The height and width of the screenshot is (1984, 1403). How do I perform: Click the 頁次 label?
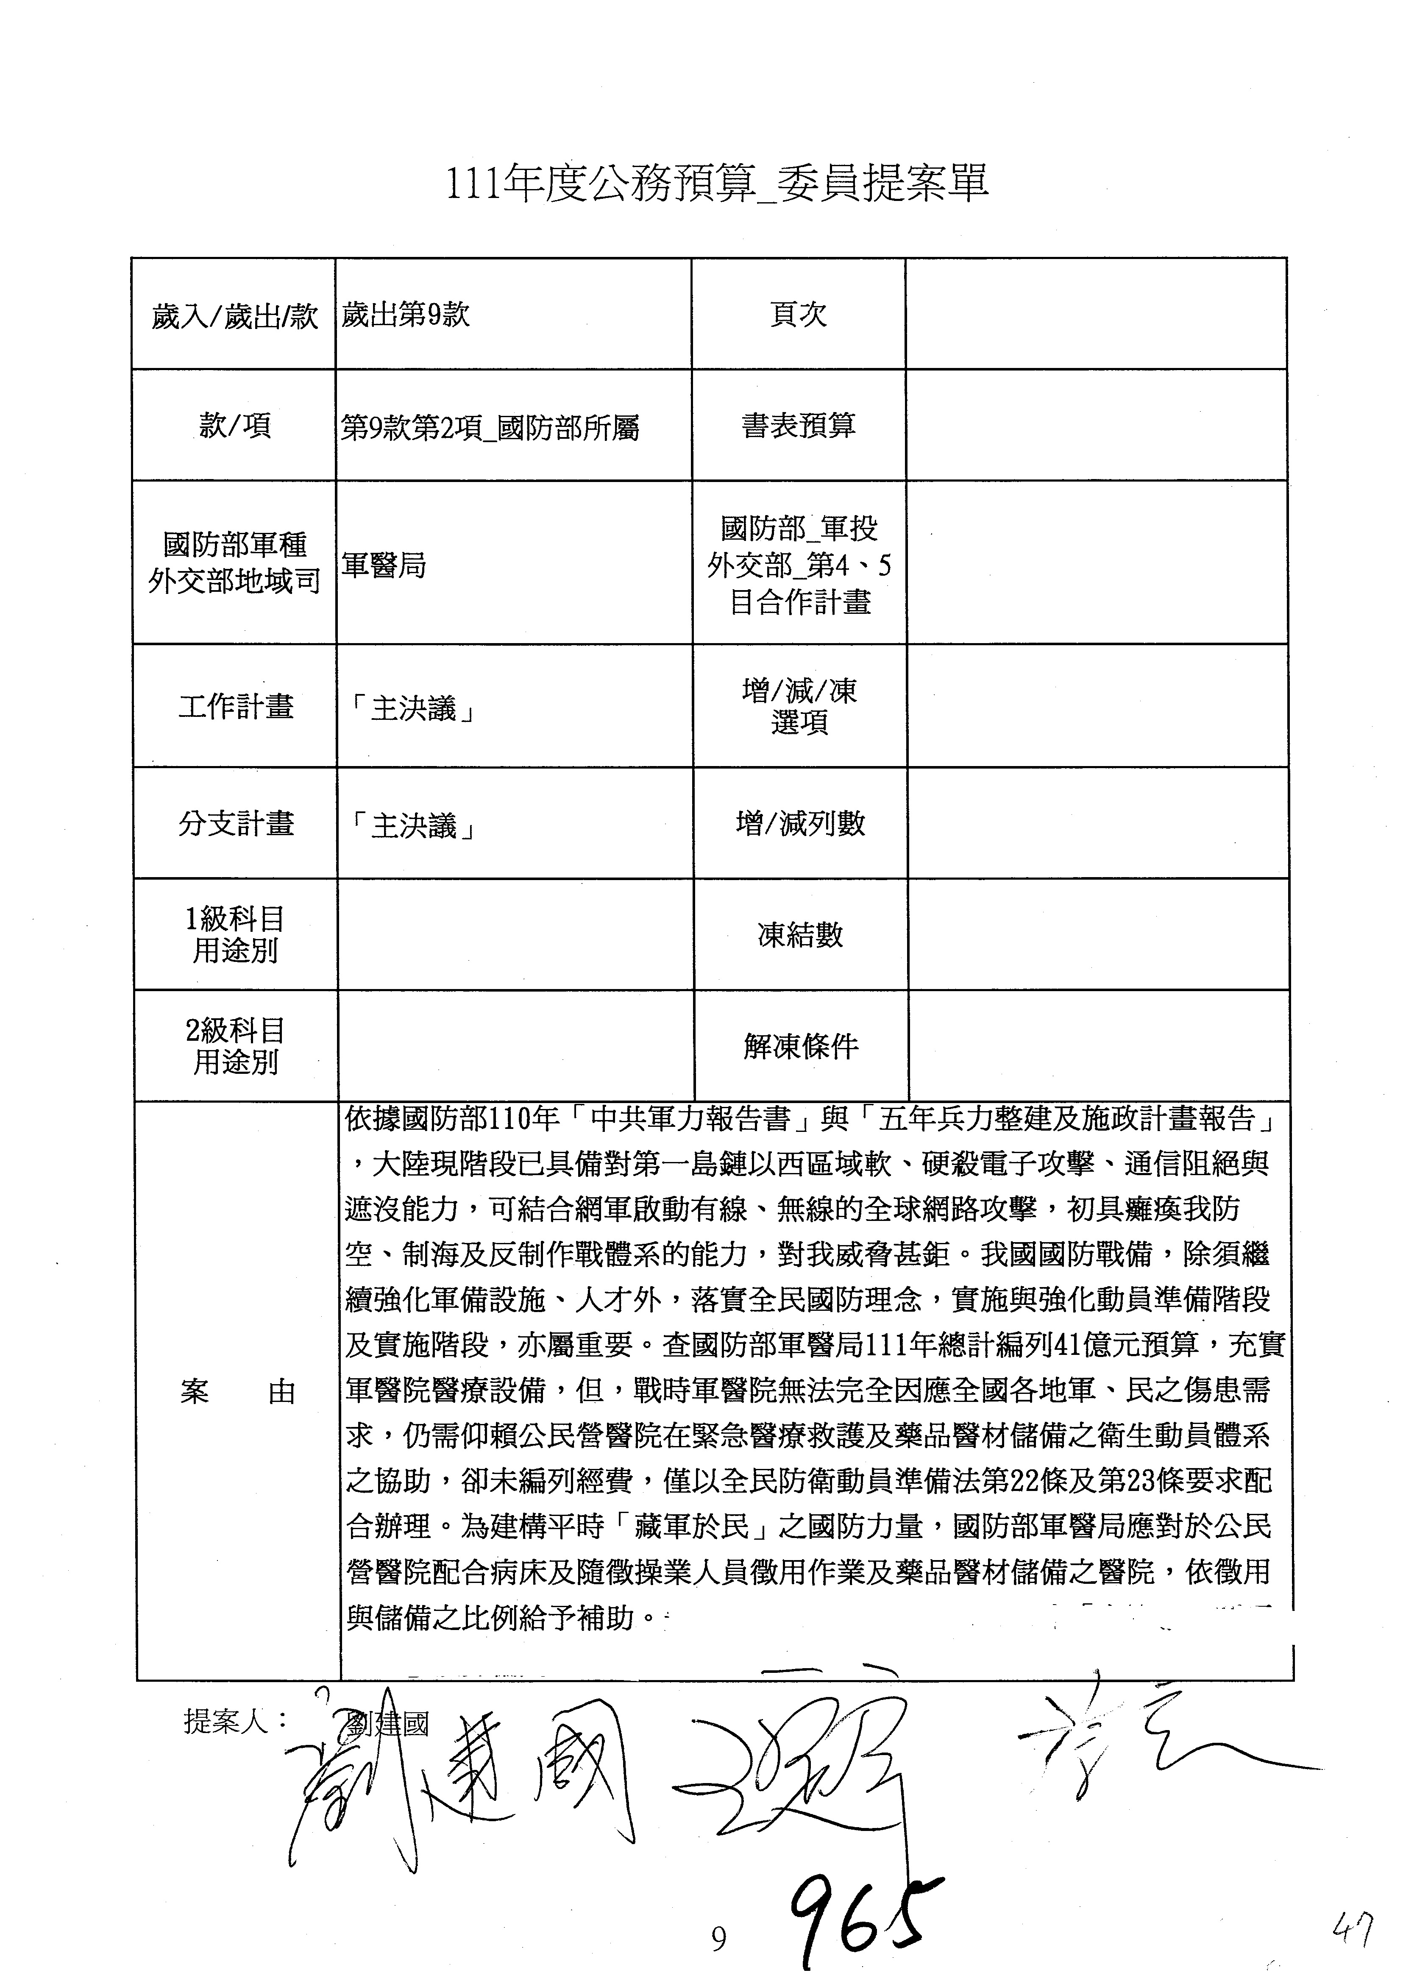click(x=798, y=315)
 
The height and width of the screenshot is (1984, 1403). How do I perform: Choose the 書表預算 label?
click(x=798, y=425)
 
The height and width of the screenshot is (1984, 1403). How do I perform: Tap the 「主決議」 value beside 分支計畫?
click(x=414, y=827)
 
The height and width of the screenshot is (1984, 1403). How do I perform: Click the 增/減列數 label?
click(x=800, y=824)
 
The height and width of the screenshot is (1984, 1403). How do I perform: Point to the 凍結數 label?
click(x=800, y=935)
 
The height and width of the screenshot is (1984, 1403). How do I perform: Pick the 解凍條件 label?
click(x=800, y=1046)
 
